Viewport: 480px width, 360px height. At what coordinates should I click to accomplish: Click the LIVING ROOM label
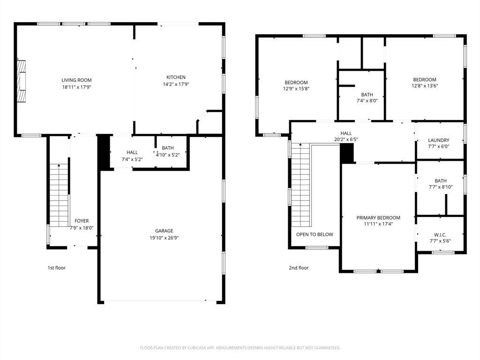click(x=76, y=80)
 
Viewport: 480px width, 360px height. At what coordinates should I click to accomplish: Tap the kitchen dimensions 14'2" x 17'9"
click(x=176, y=84)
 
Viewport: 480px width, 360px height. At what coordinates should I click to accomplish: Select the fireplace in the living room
click(x=22, y=81)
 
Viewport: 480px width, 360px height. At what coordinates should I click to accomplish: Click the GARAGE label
click(x=164, y=231)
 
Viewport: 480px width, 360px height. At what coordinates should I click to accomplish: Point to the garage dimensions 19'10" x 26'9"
click(x=164, y=238)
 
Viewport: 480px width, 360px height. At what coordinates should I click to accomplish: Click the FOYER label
click(x=82, y=221)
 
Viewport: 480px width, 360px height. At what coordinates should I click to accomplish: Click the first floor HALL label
click(x=132, y=152)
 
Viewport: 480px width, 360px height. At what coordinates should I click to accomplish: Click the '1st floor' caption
click(x=56, y=268)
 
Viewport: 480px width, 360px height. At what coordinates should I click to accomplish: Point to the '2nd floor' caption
click(x=299, y=268)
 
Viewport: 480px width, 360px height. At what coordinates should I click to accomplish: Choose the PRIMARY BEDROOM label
click(x=378, y=218)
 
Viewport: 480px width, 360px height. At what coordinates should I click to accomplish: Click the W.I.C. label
click(x=440, y=234)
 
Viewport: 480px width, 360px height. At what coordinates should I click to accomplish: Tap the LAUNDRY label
click(x=439, y=140)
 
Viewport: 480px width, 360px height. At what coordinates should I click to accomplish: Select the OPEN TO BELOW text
click(x=315, y=234)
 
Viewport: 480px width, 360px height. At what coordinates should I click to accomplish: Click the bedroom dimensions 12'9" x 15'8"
click(x=296, y=89)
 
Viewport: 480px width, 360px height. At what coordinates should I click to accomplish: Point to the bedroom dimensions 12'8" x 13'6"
click(x=424, y=86)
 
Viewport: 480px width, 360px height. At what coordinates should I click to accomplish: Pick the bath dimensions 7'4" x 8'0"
click(x=367, y=101)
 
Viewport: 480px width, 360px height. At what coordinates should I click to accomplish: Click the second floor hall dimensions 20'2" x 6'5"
click(x=346, y=139)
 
